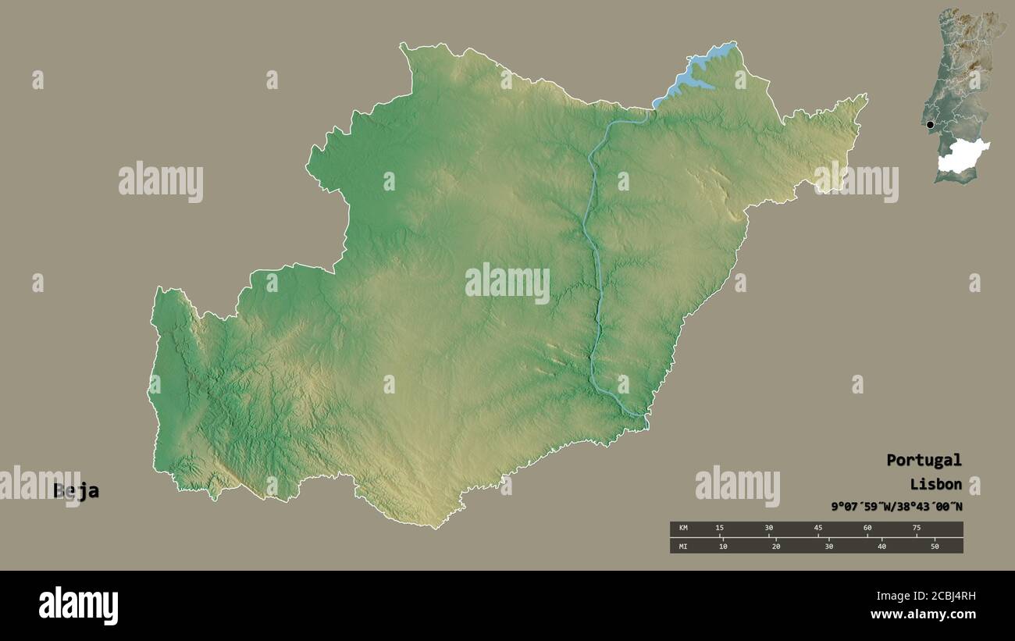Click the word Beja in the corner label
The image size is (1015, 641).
click(x=76, y=491)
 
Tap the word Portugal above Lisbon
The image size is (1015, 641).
click(x=924, y=460)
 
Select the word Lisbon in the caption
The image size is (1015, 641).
click(x=935, y=484)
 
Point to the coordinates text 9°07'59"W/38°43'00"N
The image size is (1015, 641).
click(x=896, y=507)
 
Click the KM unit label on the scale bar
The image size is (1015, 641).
click(x=683, y=529)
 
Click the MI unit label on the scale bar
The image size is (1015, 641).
click(x=683, y=546)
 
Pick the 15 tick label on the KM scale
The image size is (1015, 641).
click(x=719, y=529)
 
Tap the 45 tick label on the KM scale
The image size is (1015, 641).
click(x=817, y=529)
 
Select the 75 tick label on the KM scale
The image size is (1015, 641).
click(x=916, y=529)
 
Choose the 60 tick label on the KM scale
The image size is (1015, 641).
click(x=867, y=529)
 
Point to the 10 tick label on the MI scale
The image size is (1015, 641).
click(x=723, y=546)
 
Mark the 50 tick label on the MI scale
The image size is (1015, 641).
click(x=935, y=546)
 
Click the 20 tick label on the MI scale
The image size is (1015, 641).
click(x=776, y=546)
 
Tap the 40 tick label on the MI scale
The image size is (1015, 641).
click(x=881, y=546)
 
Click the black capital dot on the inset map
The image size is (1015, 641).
click(x=930, y=125)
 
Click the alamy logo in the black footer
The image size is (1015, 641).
click(x=78, y=605)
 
